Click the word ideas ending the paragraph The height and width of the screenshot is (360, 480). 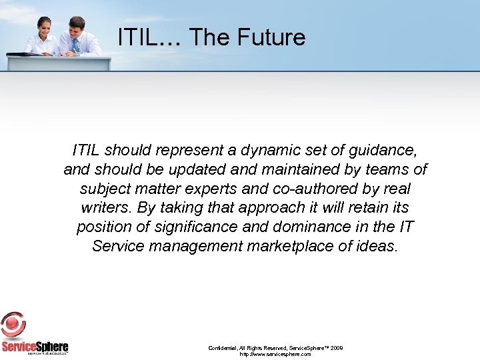click(377, 246)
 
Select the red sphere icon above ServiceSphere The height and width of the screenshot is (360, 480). click(13, 325)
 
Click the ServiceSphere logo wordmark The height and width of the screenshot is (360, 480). click(35, 347)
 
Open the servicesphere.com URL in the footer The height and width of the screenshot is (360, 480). click(275, 355)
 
